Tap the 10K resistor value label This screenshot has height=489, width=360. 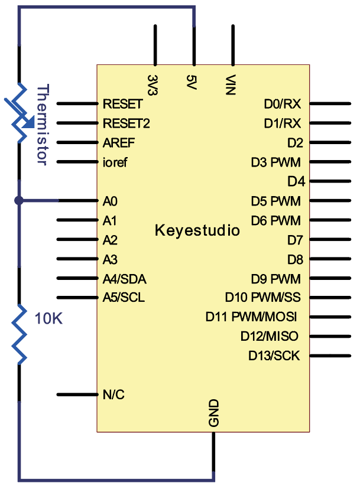[48, 319]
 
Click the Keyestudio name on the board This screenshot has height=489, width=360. [197, 230]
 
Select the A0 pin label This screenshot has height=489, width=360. [110, 201]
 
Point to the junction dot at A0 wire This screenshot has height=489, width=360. [19, 201]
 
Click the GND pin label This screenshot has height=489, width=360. [213, 413]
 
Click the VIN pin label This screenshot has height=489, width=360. [232, 85]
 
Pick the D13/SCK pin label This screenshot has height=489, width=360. [274, 356]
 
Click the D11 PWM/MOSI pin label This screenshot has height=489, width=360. [251, 317]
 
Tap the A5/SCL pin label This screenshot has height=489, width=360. [124, 298]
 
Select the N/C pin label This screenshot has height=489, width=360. [113, 395]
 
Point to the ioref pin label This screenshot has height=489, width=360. [115, 162]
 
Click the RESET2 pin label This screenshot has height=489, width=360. [126, 123]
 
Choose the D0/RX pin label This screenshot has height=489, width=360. [283, 105]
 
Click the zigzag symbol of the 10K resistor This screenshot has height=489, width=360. [21, 334]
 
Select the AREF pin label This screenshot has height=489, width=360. [118, 143]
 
